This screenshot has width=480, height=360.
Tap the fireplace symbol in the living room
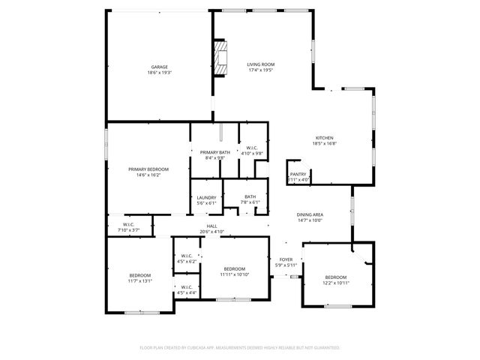[x=221, y=58]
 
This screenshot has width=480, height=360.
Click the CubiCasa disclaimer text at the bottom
[x=240, y=347]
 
